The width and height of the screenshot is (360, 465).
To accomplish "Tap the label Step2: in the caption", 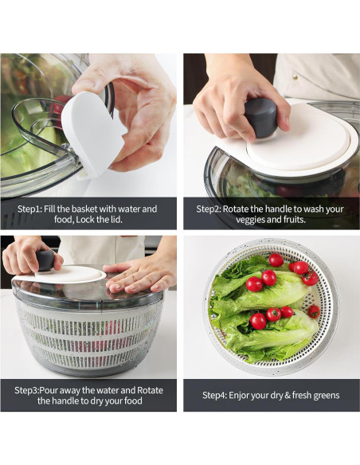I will (x=210, y=209).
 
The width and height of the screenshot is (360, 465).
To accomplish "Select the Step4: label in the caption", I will (x=217, y=395).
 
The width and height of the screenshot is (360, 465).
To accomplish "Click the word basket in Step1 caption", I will (x=93, y=209).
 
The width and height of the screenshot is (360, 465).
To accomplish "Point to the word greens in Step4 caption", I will (x=323, y=395).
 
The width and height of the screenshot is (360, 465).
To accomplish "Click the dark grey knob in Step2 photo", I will (x=260, y=116).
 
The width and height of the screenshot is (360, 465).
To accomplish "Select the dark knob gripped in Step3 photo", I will (x=46, y=260).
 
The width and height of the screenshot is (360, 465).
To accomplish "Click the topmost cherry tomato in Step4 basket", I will (x=276, y=260).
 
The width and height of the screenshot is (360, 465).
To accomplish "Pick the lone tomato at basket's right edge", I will (x=314, y=311).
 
